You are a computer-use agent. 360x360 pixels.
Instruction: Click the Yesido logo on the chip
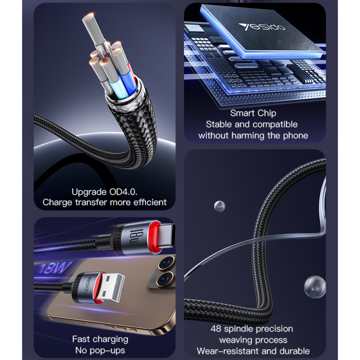click(x=262, y=27)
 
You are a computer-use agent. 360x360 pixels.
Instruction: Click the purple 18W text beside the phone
click(x=55, y=268)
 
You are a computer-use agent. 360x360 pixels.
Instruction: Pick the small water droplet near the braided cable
click(x=220, y=206)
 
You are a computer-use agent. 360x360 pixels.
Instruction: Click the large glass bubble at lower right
click(x=315, y=287)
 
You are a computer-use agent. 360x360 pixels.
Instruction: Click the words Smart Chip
click(x=253, y=113)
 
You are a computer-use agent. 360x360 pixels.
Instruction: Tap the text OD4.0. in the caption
click(x=123, y=192)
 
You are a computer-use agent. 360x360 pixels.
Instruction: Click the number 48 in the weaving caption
click(x=216, y=329)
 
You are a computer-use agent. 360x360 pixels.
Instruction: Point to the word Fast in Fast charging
click(x=81, y=339)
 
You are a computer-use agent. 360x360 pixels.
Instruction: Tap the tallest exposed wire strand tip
click(x=88, y=17)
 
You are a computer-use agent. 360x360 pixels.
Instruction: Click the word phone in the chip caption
click(x=296, y=136)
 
